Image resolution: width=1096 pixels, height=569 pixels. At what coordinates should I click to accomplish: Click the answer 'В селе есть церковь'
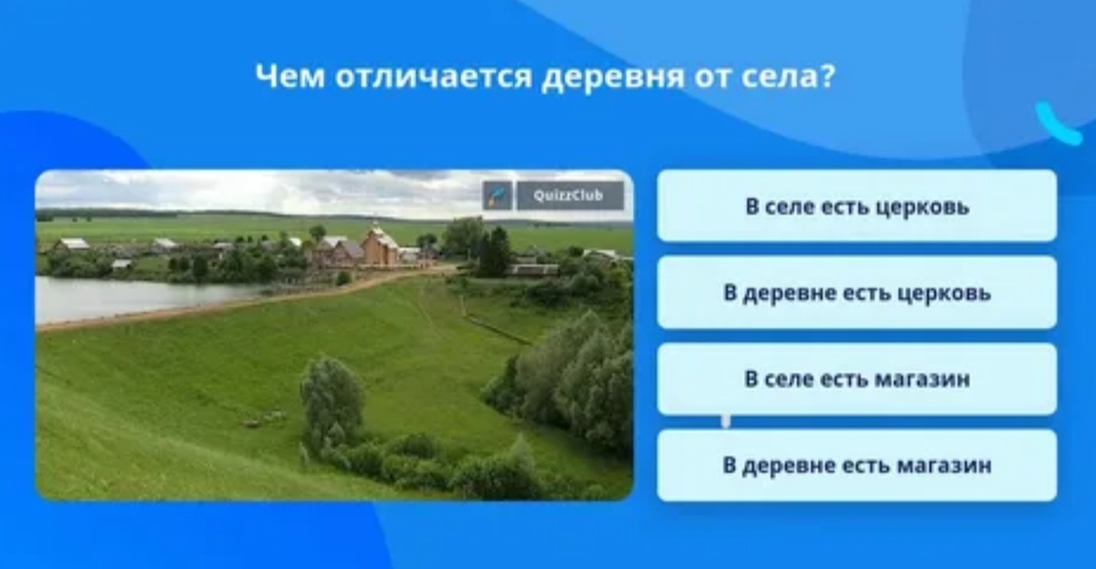pos(857,206)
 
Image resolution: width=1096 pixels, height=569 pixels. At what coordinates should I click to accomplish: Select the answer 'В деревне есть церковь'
pos(857,293)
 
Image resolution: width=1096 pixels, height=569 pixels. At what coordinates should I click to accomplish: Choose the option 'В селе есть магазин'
pos(857,379)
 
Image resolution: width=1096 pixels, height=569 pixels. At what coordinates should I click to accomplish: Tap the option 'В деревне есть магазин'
pos(857,466)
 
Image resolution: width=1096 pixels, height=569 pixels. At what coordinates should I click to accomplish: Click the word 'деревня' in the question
pos(613,78)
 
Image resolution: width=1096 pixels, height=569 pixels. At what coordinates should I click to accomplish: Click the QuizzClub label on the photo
pos(570,195)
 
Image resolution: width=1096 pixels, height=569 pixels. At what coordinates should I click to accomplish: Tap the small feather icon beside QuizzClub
pos(497,195)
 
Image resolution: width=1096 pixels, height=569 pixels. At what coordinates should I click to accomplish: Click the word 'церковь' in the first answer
pos(922,206)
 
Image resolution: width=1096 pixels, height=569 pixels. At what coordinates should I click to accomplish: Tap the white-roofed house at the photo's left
pos(72,245)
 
